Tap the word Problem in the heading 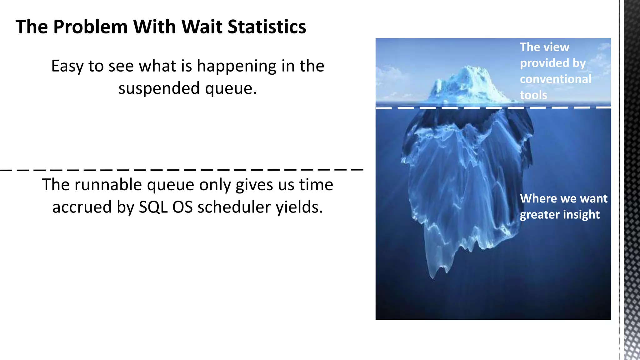point(90,27)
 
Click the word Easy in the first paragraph point(67,66)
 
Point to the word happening point(237,66)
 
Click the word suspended point(159,88)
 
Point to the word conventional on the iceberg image point(555,79)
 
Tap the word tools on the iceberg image point(533,95)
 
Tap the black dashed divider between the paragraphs point(181,170)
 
